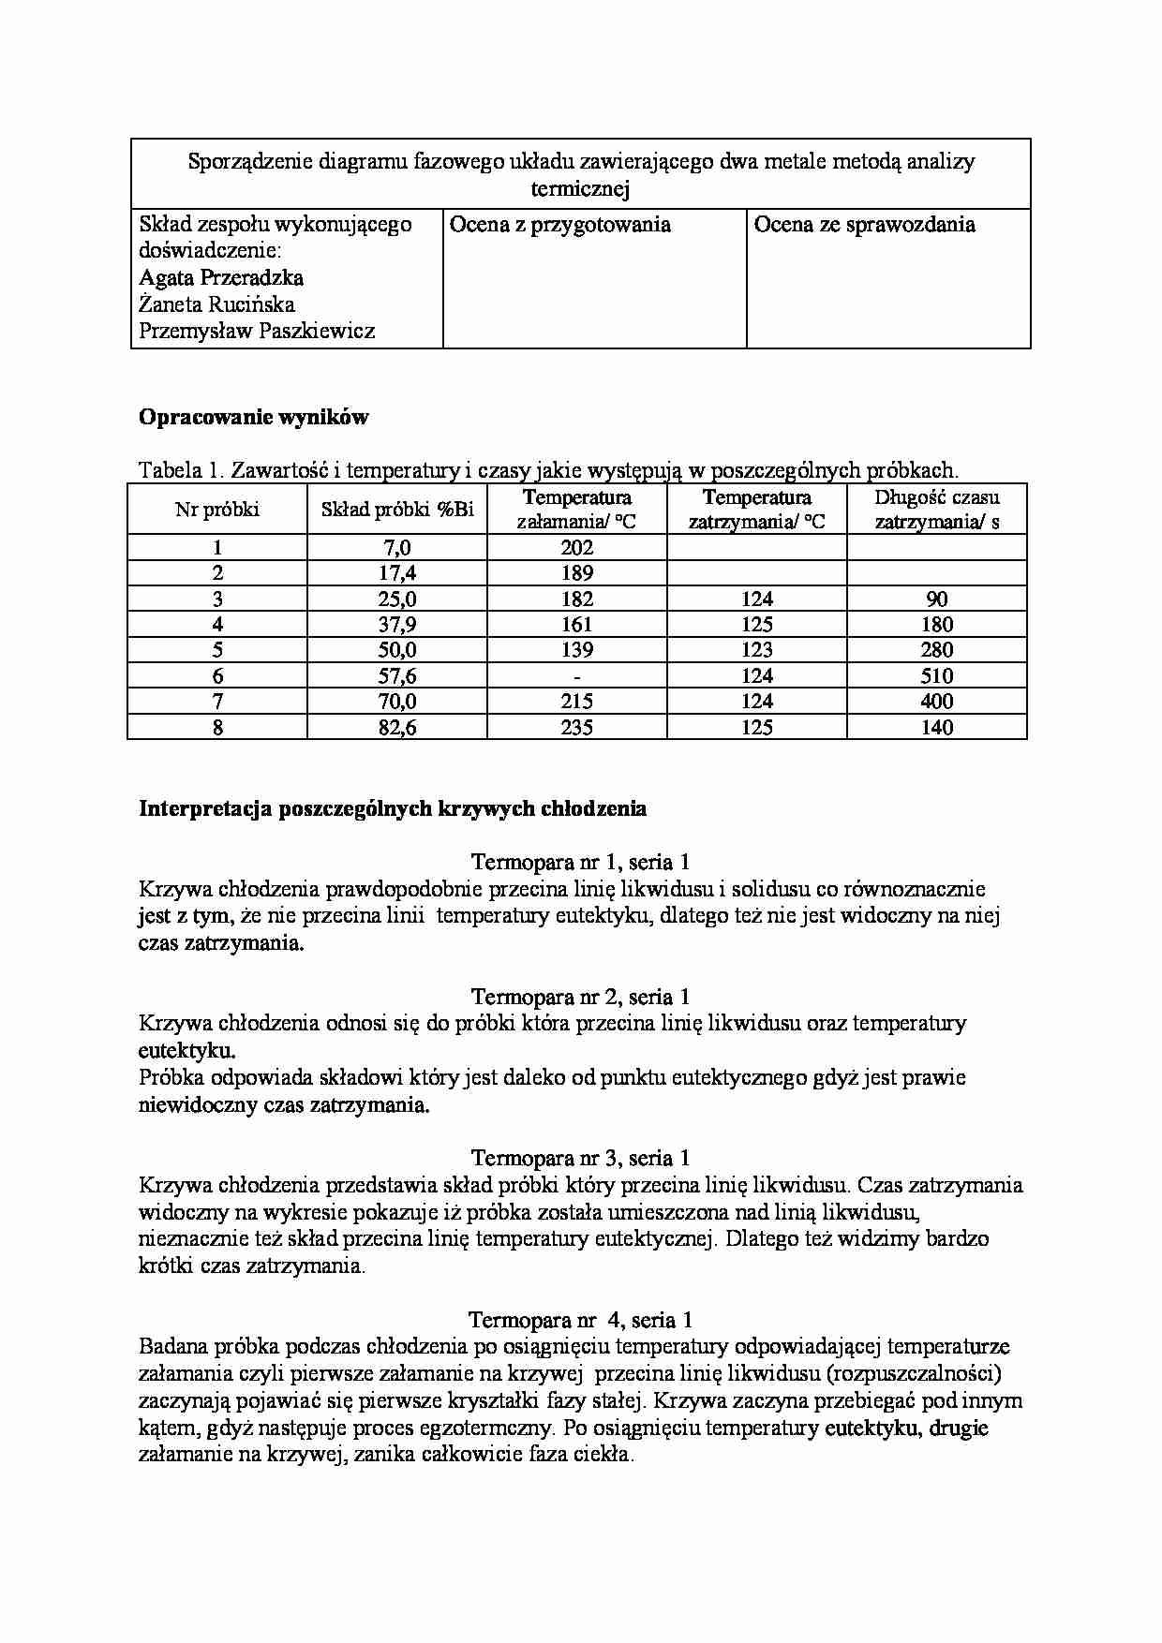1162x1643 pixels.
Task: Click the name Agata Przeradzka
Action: [x=221, y=277]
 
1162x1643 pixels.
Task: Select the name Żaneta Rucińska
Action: [x=216, y=304]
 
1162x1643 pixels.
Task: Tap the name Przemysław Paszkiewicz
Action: [x=257, y=331]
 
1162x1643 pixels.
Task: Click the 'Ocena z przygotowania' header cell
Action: [x=560, y=225]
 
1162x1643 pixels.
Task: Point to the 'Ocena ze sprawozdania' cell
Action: [x=864, y=225]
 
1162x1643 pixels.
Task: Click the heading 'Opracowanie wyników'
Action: [x=254, y=418]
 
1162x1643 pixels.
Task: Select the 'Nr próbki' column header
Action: [x=217, y=510]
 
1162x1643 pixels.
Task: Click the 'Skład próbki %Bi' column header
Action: [x=397, y=510]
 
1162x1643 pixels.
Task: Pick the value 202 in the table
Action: [x=576, y=548]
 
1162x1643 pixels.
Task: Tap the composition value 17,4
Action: [x=397, y=573]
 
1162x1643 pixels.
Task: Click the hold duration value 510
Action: [x=937, y=675]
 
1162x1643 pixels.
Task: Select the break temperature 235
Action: [x=576, y=727]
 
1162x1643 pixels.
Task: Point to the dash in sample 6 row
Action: [x=576, y=675]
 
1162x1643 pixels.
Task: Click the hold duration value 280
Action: [x=937, y=650]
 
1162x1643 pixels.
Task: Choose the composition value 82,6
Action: [x=397, y=727]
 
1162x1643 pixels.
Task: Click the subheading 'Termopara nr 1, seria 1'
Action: [x=580, y=862]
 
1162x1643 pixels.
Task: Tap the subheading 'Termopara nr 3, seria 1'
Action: [x=580, y=1158]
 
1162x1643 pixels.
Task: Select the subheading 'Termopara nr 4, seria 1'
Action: [x=580, y=1320]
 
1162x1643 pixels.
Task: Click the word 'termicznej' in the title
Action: [x=580, y=189]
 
